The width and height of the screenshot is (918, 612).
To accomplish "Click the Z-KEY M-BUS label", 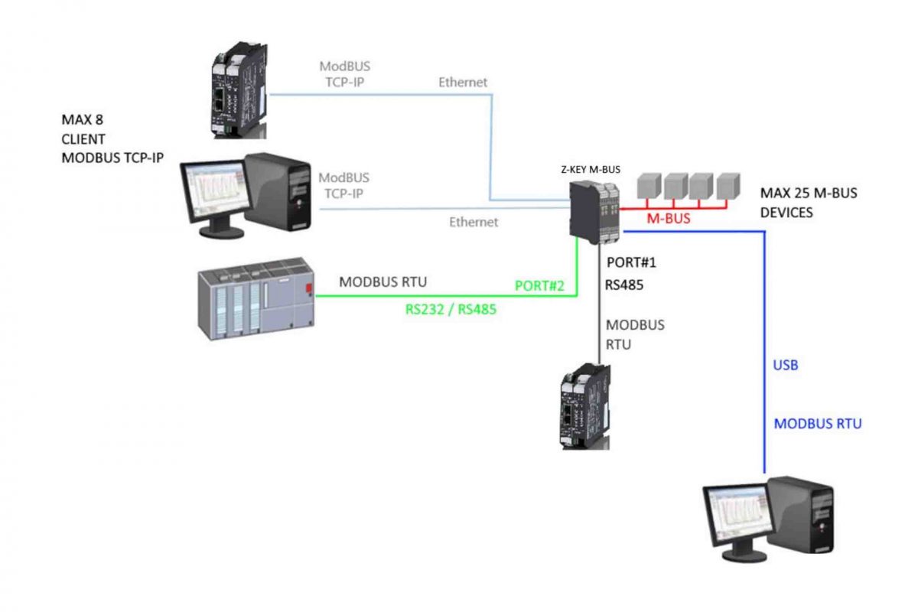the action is [x=591, y=169].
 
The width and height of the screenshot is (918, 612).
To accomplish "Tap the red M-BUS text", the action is [x=669, y=219].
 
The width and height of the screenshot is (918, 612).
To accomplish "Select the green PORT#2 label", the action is [x=539, y=285].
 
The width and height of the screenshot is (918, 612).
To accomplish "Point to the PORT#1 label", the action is [x=631, y=262].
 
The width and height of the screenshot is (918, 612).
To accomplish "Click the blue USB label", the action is [x=785, y=365].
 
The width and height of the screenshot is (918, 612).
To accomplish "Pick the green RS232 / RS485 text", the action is [x=451, y=309].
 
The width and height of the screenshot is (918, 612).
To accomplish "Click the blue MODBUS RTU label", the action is [x=818, y=424].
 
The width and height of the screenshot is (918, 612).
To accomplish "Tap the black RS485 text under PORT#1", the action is [x=624, y=285].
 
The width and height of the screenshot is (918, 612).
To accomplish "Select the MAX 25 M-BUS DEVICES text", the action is [x=809, y=203].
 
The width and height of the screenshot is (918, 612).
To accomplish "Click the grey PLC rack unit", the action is [x=256, y=298].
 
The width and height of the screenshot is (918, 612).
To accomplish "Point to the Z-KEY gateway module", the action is [x=594, y=213].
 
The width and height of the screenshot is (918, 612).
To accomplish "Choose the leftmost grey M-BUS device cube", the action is [x=649, y=186].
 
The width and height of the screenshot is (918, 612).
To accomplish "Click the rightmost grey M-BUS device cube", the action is [x=728, y=186].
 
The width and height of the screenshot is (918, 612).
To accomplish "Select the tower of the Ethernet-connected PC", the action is [x=278, y=191].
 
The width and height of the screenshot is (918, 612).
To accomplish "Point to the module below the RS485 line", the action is [x=585, y=406].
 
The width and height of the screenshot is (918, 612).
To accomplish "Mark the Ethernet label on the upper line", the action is [x=463, y=83].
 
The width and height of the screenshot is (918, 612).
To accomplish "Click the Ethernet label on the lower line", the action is [x=474, y=222].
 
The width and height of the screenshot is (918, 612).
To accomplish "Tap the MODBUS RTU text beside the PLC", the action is [x=382, y=282].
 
